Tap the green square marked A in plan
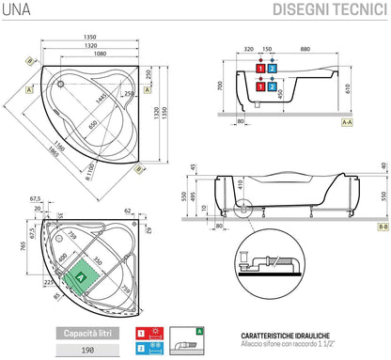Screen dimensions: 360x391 click(x=81, y=278)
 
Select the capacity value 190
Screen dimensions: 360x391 click(x=86, y=350)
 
